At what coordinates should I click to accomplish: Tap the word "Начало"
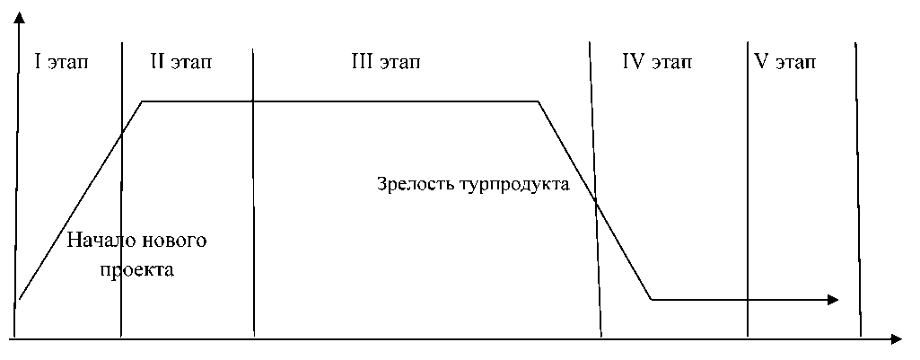tap(102, 241)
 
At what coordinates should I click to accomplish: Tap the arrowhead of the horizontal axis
tap(896, 339)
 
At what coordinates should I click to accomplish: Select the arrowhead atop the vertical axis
tap(16, 18)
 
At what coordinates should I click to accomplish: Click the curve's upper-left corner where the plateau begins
tap(143, 101)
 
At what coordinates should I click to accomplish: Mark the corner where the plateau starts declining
tap(538, 101)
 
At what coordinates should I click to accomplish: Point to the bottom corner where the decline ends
tap(652, 299)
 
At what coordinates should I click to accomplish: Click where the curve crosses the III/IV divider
tap(595, 202)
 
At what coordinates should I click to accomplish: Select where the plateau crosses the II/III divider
tap(254, 101)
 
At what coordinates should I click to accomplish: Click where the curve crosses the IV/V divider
tap(747, 299)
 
